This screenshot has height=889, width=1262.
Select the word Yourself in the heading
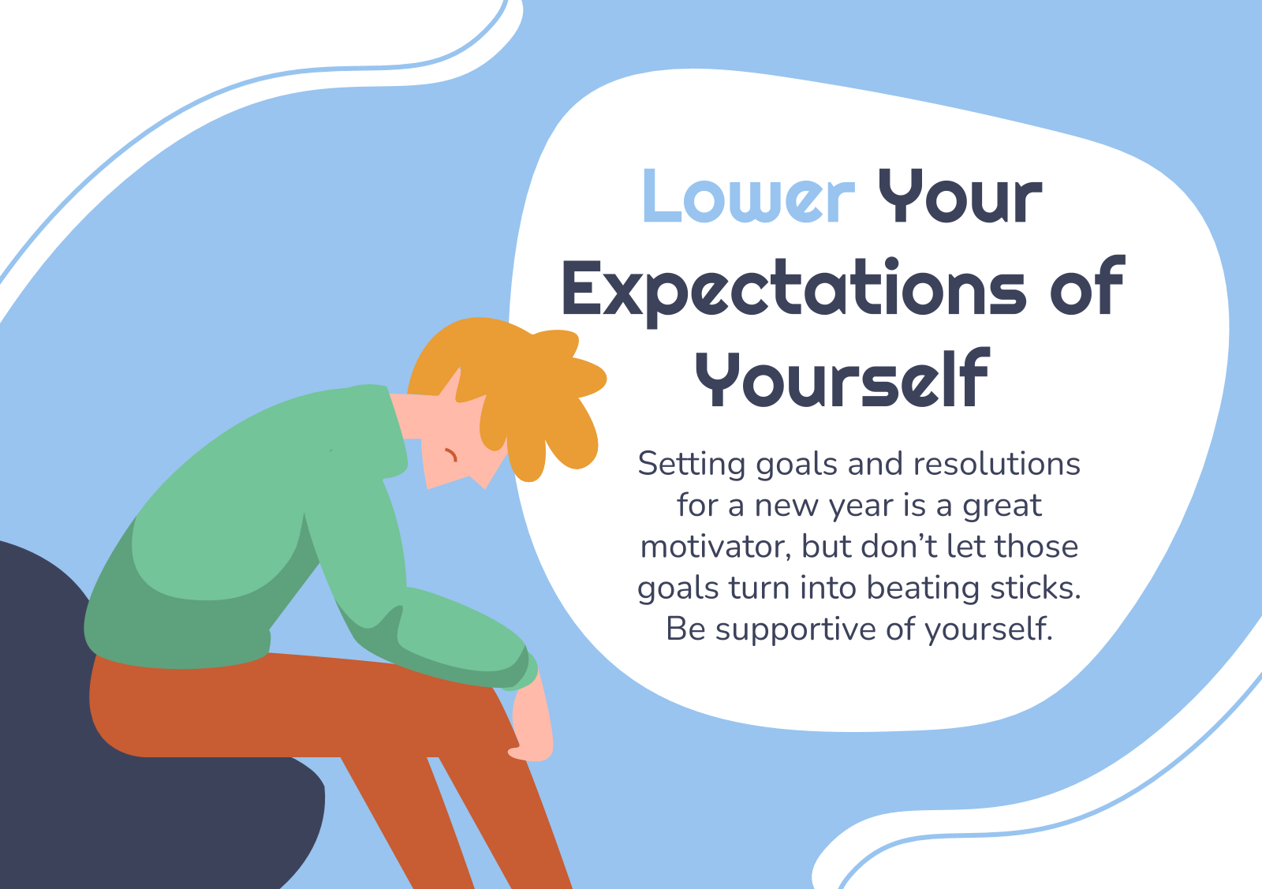(x=842, y=378)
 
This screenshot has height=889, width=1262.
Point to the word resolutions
(x=997, y=464)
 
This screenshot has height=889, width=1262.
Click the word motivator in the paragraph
(x=716, y=547)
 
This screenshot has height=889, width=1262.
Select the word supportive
(x=796, y=629)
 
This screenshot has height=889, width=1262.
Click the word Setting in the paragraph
(x=692, y=465)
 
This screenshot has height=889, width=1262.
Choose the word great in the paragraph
(x=1002, y=506)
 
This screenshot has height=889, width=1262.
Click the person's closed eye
(x=451, y=454)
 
